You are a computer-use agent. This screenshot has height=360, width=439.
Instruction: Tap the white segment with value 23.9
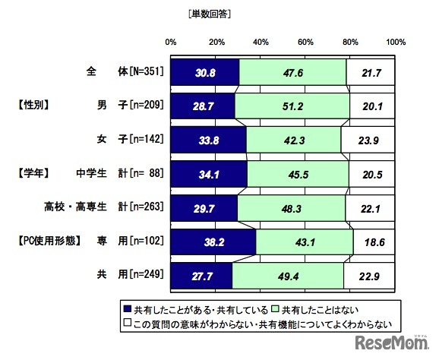pos(368,140)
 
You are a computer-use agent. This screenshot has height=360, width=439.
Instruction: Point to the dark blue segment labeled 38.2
pos(213,242)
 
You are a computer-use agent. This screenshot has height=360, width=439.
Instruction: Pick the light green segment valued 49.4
pos(288,276)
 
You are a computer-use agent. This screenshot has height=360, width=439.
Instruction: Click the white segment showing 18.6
pos(374,242)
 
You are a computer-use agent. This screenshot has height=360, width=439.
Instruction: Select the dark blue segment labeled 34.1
pos(209,174)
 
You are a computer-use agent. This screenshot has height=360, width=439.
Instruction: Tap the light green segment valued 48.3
pos(292,208)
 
